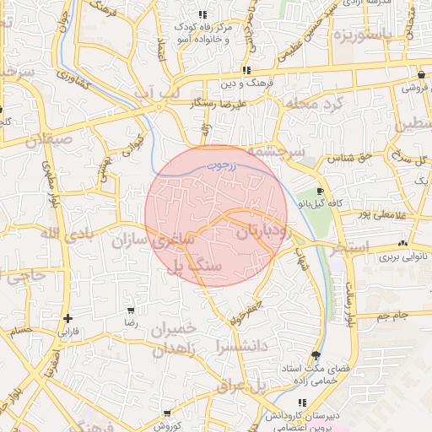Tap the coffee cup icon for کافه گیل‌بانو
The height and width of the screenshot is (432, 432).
(320, 192)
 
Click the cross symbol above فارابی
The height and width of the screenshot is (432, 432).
(67, 318)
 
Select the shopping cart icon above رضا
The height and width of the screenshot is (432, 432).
(129, 310)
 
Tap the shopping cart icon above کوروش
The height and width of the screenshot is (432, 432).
(167, 413)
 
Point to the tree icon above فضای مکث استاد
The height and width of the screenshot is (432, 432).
(316, 356)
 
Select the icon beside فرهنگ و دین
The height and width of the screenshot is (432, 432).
(246, 71)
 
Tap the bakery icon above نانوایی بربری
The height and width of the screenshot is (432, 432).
(402, 243)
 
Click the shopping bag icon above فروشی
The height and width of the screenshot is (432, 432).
(420, 73)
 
